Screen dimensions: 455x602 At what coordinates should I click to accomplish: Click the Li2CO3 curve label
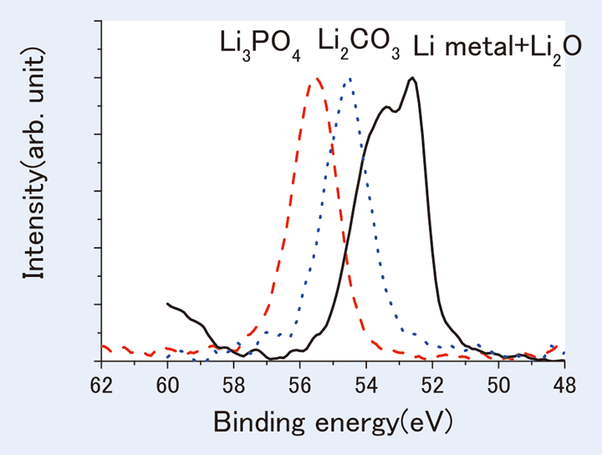click(360, 42)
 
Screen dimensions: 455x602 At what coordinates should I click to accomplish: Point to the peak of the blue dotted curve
click(349, 79)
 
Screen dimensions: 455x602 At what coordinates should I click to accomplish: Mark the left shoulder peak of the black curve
click(386, 107)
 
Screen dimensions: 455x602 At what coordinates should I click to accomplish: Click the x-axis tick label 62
click(101, 383)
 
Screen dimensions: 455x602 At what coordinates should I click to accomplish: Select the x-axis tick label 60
click(167, 383)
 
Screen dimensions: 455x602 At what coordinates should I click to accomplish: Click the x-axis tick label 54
click(366, 383)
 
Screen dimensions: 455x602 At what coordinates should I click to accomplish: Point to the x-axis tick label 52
click(432, 383)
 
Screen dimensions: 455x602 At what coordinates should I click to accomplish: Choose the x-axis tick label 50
click(498, 383)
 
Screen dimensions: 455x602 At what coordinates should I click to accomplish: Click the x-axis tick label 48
click(564, 383)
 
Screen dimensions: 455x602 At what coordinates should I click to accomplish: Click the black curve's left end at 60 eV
click(168, 304)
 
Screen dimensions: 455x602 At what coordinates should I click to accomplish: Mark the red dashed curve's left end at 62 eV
click(103, 345)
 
